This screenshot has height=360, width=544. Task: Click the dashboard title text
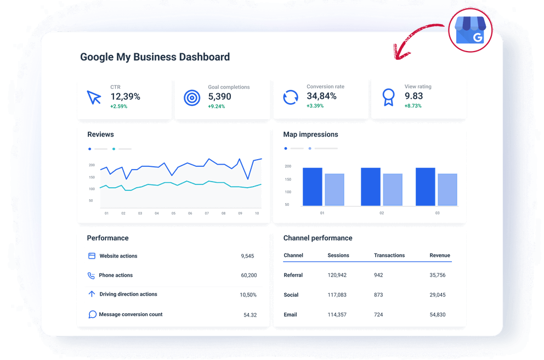click(155, 57)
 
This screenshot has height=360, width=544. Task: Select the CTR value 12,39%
click(125, 97)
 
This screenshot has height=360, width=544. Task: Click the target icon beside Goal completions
click(191, 98)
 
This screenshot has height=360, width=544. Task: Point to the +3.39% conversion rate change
click(315, 106)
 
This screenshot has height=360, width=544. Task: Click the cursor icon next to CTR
click(94, 98)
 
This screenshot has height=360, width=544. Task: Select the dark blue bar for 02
click(371, 187)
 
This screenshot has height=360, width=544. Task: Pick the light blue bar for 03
click(447, 189)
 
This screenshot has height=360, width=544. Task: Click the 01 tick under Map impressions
click(322, 213)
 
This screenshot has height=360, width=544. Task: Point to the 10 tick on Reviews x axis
click(256, 213)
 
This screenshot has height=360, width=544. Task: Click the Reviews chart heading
click(100, 134)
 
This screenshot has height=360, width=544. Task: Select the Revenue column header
click(440, 255)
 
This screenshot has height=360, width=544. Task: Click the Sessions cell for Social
click(337, 295)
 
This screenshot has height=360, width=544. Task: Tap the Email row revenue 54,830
click(437, 314)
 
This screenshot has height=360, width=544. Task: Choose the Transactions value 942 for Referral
click(378, 275)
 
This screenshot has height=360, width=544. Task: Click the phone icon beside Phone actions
click(92, 275)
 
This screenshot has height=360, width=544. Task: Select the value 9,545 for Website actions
click(247, 256)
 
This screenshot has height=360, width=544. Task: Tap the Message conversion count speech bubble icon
click(92, 314)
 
